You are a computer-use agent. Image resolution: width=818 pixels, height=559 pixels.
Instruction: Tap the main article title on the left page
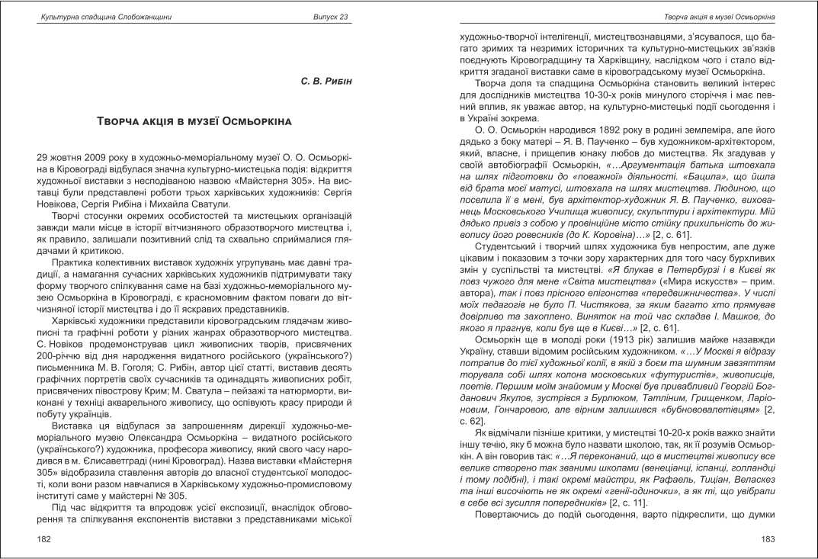[x=195, y=122]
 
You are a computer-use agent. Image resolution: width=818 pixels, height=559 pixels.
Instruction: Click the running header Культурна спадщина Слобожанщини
[x=94, y=17]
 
